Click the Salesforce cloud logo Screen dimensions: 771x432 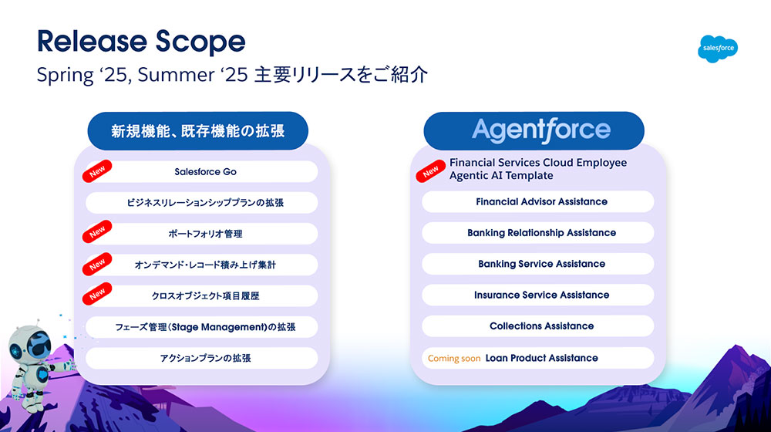click(717, 49)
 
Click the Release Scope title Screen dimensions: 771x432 click(141, 41)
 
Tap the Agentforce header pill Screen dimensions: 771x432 click(534, 131)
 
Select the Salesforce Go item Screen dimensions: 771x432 click(201, 172)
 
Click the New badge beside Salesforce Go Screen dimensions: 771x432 click(97, 171)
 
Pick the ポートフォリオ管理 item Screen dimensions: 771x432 click(201, 234)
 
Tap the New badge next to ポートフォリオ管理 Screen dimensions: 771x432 click(97, 231)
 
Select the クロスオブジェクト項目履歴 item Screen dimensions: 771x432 click(201, 295)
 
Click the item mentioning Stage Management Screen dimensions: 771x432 click(201, 327)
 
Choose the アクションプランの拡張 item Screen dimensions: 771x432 click(201, 358)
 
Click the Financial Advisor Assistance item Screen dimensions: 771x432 click(538, 202)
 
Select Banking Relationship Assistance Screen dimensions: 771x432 click(538, 233)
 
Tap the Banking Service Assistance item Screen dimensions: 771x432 click(538, 264)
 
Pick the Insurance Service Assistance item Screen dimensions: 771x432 click(538, 295)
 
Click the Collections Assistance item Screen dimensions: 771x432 click(538, 326)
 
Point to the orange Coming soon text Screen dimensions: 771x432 click(454, 358)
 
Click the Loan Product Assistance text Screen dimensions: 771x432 click(541, 358)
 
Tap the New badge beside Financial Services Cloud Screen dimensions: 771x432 click(430, 171)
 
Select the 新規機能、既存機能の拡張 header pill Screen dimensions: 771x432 click(197, 131)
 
